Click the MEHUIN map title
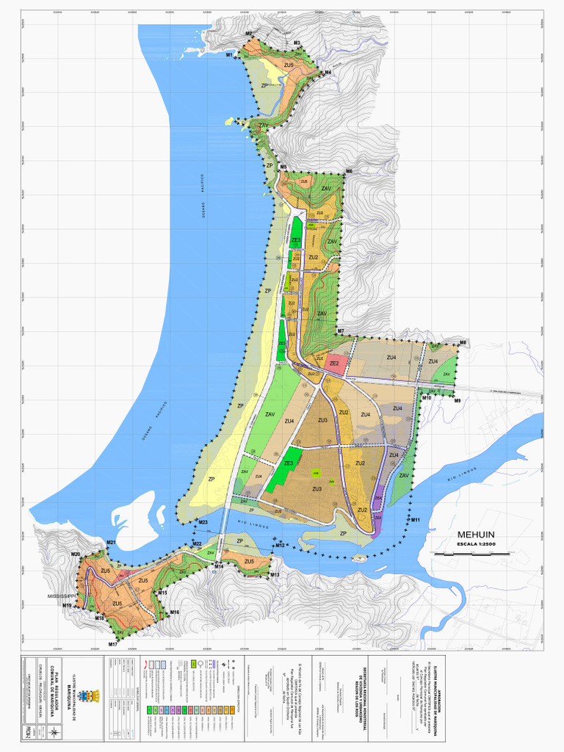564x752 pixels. [475, 535]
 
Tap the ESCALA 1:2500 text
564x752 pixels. [477, 545]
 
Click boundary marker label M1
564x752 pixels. [229, 55]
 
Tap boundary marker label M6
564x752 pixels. [349, 171]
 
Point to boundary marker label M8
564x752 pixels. [463, 343]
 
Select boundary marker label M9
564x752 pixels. [457, 400]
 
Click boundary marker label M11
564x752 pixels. [415, 520]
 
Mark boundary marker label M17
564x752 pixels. [113, 644]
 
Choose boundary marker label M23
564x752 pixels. [203, 522]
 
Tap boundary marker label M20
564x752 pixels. [75, 554]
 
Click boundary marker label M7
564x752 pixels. [341, 332]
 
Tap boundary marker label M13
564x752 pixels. [275, 574]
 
